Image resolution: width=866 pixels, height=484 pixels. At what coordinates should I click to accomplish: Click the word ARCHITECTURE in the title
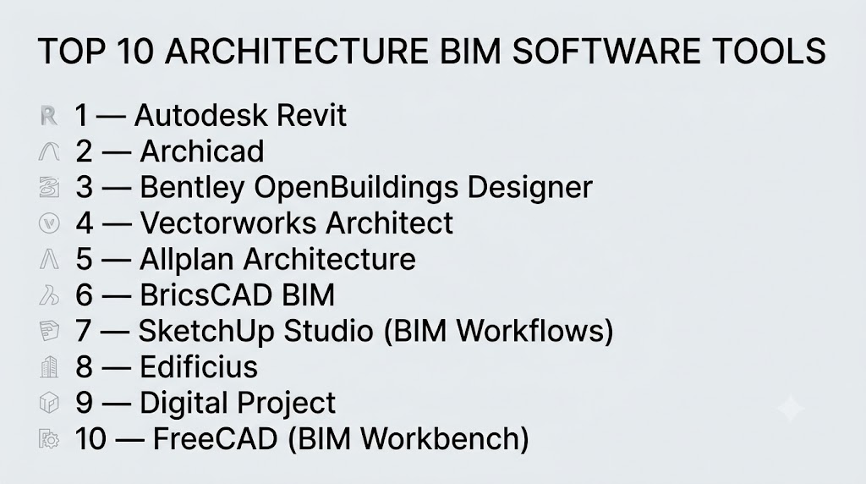296,51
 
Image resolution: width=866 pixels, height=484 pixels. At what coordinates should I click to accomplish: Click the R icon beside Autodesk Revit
48,115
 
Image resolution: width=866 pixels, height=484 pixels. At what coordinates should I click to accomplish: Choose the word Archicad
202,151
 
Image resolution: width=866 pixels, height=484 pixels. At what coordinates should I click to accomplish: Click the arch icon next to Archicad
48,151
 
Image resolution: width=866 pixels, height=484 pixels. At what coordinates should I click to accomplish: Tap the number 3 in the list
84,187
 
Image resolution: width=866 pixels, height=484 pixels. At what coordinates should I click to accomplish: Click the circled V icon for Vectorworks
49,223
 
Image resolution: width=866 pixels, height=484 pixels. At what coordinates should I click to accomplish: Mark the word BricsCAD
206,294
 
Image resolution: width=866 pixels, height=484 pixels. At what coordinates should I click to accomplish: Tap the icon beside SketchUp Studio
49,331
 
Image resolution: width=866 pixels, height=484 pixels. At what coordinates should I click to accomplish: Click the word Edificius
199,366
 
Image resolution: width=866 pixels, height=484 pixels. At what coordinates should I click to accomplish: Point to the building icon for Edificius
49,367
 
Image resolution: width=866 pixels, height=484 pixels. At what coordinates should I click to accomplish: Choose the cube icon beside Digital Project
49,403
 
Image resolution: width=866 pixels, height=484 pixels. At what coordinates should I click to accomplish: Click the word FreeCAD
215,438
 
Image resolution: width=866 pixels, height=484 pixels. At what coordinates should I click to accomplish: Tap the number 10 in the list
90,438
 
